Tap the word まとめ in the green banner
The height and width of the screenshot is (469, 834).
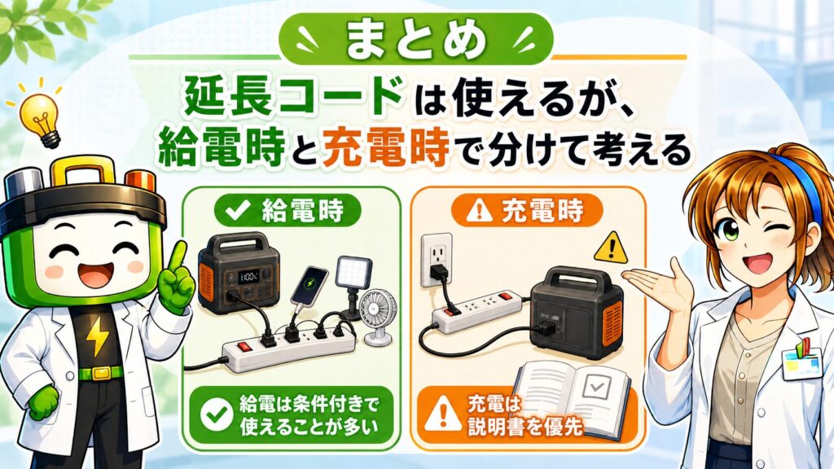coord(415,40)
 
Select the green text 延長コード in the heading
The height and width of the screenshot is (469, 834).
coord(292,98)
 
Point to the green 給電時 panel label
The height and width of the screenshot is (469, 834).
coord(288,211)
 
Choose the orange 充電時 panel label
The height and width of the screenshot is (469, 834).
coord(527,211)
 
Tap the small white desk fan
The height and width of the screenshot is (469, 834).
coord(377,318)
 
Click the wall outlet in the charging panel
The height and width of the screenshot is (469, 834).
coord(437,261)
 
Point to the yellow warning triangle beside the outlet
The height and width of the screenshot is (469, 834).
coord(611,248)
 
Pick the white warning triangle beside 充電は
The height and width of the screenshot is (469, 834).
coord(443,415)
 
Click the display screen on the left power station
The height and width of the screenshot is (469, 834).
coord(249,276)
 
